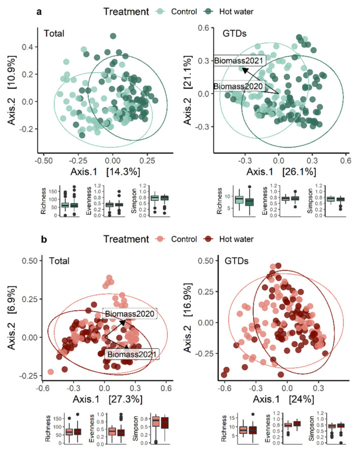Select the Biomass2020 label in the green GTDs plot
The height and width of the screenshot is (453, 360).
coord(239,86)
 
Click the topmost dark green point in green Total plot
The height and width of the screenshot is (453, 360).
coord(113,36)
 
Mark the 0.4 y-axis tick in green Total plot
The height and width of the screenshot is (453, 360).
coord(28,47)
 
